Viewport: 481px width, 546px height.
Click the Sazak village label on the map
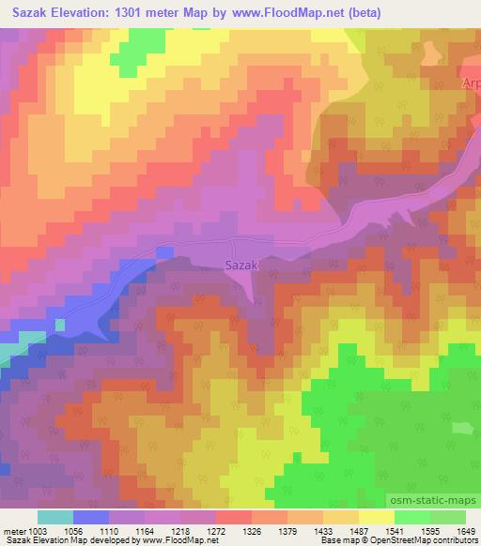241,265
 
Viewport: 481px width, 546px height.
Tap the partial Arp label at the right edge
471,83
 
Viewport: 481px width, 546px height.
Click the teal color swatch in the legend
55,517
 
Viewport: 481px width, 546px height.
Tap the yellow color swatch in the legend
376,517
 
